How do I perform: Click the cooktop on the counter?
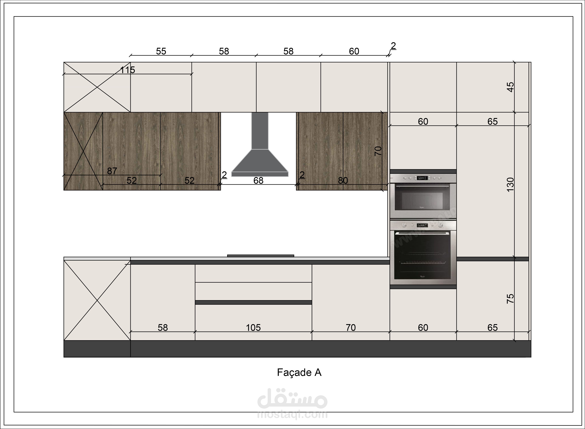(x=261, y=256)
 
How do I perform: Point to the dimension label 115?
(x=127, y=70)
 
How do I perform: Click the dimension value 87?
(x=112, y=171)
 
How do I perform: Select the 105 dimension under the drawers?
(x=253, y=328)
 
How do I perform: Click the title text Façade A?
(x=299, y=373)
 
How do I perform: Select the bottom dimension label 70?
(x=351, y=328)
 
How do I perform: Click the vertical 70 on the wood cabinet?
(x=378, y=151)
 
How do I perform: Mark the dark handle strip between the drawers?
(x=253, y=302)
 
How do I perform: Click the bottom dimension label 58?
(x=163, y=328)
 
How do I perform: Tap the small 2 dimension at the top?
(x=393, y=46)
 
